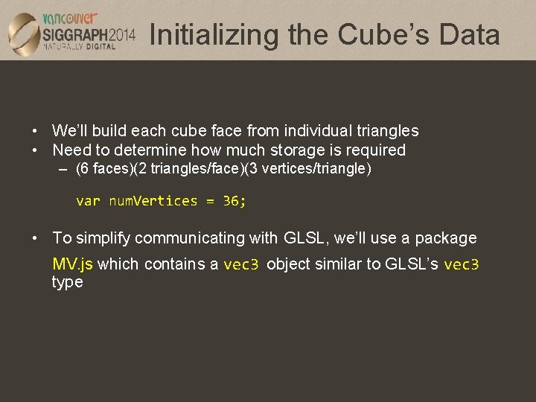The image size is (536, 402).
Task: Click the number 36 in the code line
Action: [x=232, y=201]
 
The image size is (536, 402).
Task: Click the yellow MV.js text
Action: [x=72, y=264]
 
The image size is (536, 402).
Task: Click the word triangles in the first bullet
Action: [x=386, y=131]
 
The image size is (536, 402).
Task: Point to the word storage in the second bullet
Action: [x=291, y=150]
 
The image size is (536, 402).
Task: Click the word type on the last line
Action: [x=67, y=283]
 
